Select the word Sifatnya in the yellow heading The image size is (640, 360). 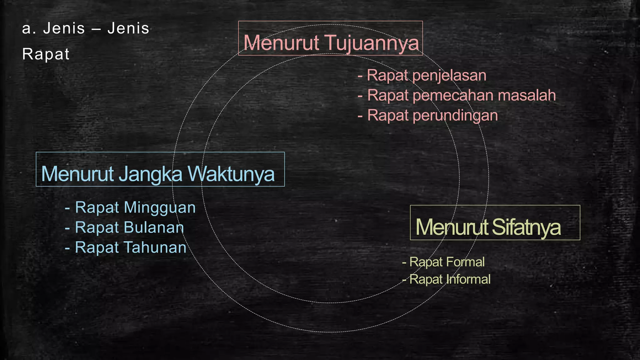click(526, 227)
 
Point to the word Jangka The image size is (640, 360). click(150, 174)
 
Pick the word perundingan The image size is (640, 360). click(455, 115)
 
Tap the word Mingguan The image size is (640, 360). click(160, 207)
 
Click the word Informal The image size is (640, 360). click(468, 279)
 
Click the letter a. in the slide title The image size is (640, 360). click(29, 29)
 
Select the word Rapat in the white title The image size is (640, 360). click(46, 54)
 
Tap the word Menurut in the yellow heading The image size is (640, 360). click(452, 227)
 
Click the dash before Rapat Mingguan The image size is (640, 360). click(67, 208)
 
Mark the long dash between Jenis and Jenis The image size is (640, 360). click(96, 29)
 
